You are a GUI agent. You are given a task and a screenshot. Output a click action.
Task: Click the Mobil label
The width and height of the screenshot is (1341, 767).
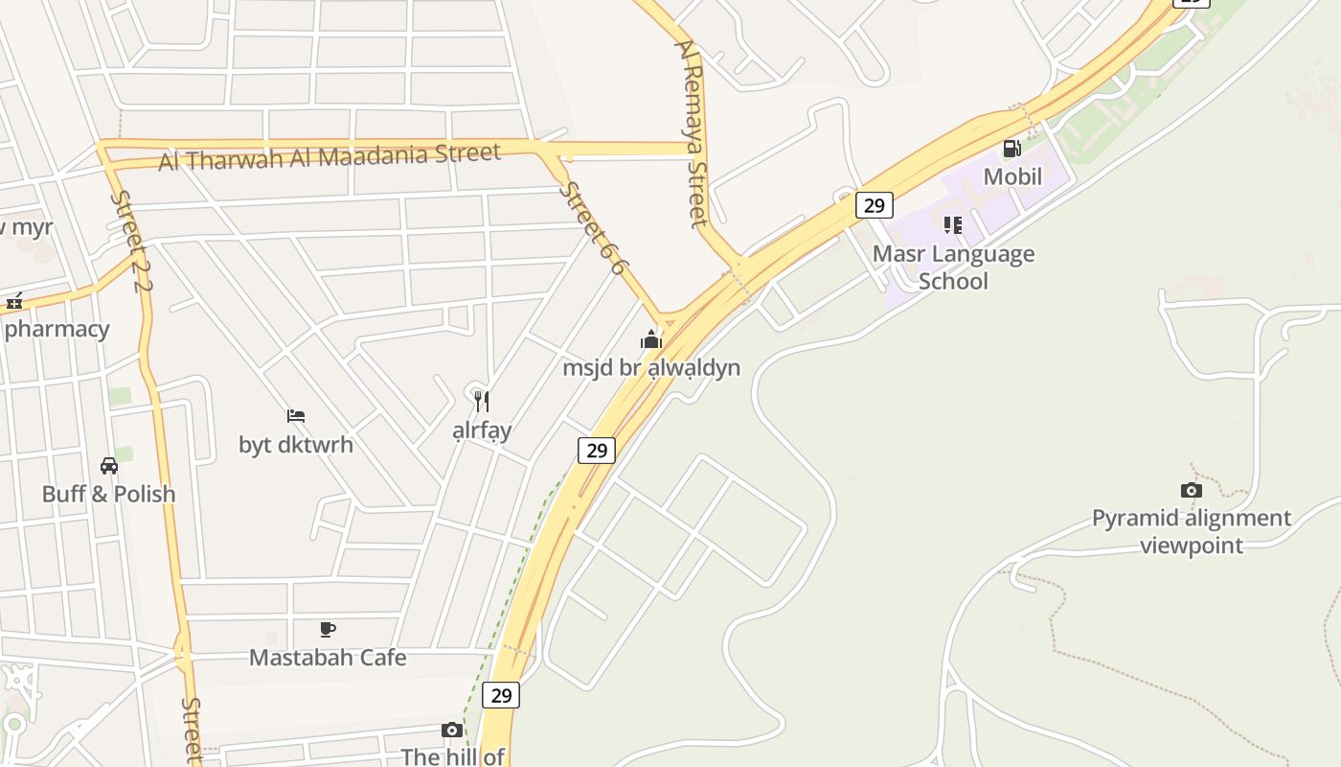tap(1012, 176)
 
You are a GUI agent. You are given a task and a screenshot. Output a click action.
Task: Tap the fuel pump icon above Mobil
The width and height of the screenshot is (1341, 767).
tap(1011, 149)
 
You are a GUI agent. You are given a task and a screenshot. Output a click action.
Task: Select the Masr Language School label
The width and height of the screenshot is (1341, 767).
tap(953, 267)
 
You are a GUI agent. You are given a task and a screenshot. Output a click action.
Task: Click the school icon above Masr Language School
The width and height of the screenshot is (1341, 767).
tap(952, 225)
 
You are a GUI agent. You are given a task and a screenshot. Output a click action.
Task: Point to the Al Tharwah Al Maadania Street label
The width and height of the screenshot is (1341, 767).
tap(330, 156)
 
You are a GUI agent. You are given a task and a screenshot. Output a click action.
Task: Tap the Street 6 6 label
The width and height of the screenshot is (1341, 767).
tap(592, 228)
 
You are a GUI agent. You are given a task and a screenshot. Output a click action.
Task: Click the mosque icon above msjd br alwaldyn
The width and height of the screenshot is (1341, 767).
tap(651, 339)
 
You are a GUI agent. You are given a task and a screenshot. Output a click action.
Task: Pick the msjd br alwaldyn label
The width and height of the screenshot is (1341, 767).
tap(651, 367)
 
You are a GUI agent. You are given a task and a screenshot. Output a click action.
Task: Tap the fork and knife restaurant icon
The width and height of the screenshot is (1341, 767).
tap(482, 402)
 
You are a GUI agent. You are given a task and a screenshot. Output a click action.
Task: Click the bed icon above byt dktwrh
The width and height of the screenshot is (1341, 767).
tap(296, 416)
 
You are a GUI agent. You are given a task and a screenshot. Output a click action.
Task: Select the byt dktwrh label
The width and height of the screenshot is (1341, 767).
tap(296, 445)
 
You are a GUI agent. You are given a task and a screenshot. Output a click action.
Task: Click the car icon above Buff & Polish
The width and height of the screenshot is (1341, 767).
tap(109, 466)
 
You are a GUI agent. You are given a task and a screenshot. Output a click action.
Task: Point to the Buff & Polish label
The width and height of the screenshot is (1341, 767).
tap(109, 494)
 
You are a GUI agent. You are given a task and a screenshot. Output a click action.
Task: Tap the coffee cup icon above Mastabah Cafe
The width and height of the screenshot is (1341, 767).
tap(328, 630)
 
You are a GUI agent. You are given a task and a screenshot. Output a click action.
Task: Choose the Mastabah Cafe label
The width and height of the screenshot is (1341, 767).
tap(328, 658)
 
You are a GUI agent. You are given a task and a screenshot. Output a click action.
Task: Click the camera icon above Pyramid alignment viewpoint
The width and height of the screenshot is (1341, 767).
tap(1192, 491)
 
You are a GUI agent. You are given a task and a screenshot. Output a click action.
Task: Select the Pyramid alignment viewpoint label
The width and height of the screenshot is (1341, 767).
tap(1192, 532)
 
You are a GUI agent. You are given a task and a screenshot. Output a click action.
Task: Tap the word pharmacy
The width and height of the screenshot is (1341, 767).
tap(57, 329)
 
